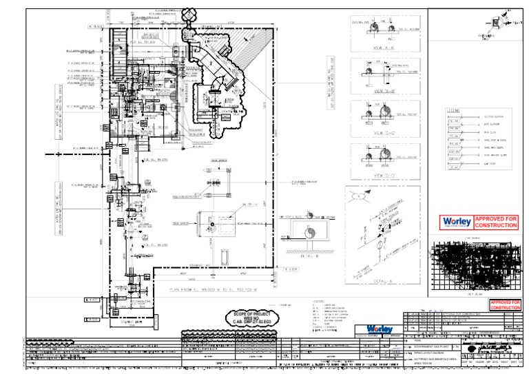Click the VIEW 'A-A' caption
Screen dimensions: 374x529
pyautogui.click(x=378, y=48)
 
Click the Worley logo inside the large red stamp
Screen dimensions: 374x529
pyautogui.click(x=456, y=222)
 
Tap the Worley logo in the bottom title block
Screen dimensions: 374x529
pyautogui.click(x=381, y=329)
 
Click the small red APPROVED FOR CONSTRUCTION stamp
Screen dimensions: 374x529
pyautogui.click(x=505, y=305)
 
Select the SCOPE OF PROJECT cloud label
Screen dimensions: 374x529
pyautogui.click(x=249, y=317)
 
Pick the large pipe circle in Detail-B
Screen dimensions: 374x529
pyautogui.click(x=309, y=233)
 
